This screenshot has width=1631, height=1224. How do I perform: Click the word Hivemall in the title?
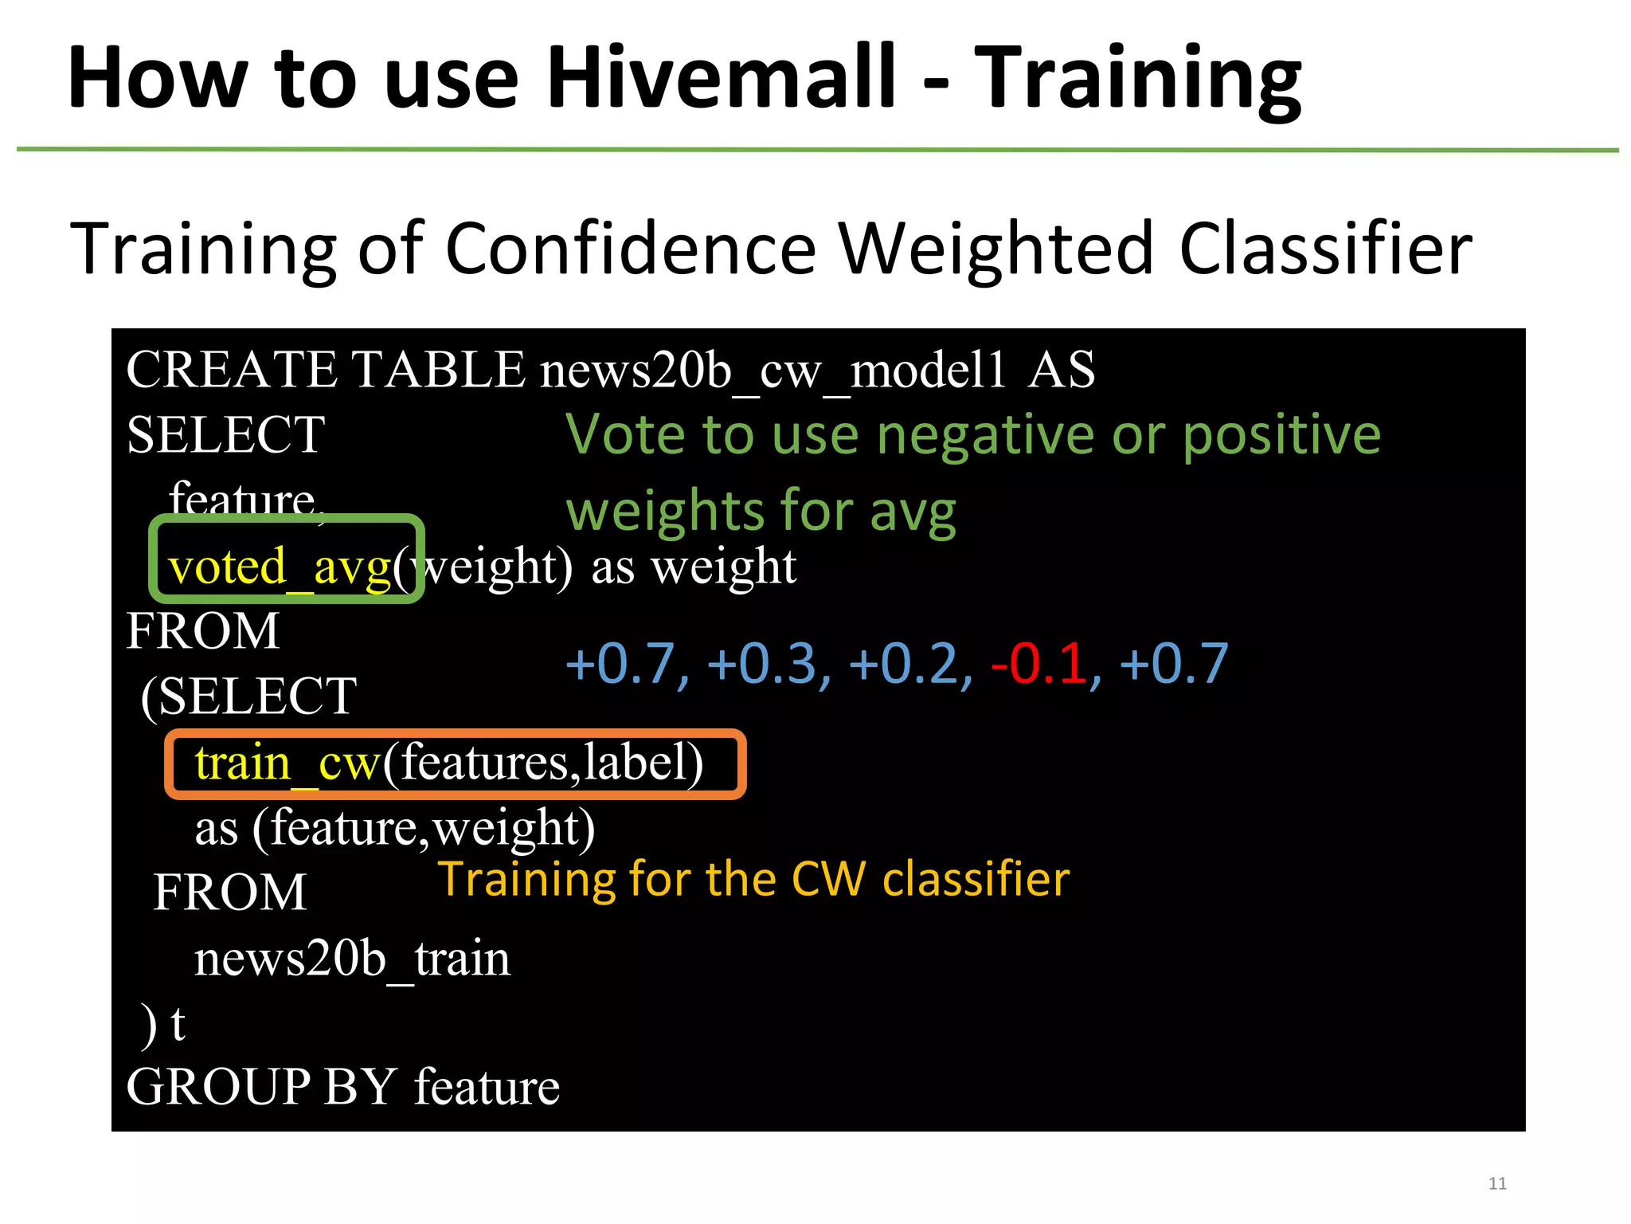click(x=722, y=77)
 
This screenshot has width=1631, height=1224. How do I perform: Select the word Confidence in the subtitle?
click(x=630, y=249)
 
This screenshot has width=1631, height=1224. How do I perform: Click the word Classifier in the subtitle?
click(x=1325, y=249)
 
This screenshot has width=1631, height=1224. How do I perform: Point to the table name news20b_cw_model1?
click(x=773, y=371)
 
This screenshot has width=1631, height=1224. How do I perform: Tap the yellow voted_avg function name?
click(x=280, y=567)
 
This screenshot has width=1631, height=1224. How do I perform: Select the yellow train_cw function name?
click(x=287, y=763)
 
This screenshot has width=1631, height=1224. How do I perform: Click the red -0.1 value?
click(x=1039, y=663)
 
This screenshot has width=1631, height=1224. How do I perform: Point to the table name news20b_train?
click(x=352, y=958)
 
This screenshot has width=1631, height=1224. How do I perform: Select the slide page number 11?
click(x=1497, y=1183)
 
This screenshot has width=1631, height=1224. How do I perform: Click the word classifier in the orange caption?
click(x=976, y=880)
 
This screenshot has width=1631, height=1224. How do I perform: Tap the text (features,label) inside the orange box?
click(x=543, y=763)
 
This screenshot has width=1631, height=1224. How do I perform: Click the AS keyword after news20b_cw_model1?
click(x=1062, y=371)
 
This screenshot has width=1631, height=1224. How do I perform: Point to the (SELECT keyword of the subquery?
click(x=248, y=696)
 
